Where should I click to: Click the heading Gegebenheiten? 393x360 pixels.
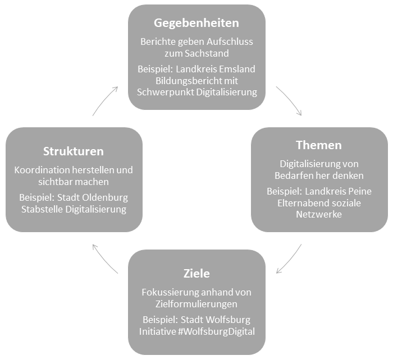[x=196, y=23]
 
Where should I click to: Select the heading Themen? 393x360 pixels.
[x=319, y=145]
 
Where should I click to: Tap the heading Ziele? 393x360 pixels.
[x=196, y=274]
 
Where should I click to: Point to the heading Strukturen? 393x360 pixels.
[x=74, y=151]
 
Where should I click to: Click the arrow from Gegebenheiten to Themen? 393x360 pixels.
[x=290, y=100]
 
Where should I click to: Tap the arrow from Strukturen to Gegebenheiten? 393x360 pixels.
[x=104, y=100]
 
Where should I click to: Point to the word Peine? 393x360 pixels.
[x=359, y=191]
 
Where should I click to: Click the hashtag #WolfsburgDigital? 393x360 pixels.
[x=216, y=331]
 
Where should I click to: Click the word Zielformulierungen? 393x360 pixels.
[x=196, y=304]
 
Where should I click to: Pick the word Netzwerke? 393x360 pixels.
[x=319, y=215]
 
